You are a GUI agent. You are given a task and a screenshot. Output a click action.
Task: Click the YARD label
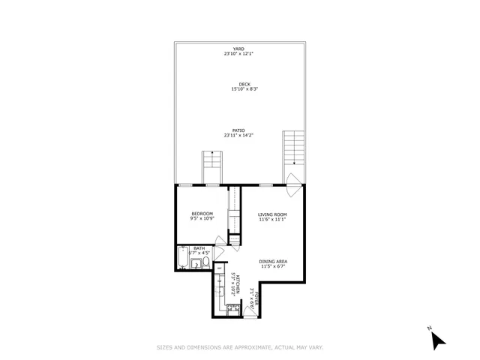point(238,49)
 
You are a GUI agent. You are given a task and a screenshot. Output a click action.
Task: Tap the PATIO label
point(239,130)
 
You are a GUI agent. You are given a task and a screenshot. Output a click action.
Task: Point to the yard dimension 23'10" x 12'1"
point(238,54)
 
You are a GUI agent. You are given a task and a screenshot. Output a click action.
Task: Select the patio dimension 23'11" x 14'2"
point(239,135)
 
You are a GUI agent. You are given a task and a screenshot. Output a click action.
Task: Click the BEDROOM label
point(202,214)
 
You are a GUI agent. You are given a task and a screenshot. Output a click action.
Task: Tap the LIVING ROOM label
point(273,214)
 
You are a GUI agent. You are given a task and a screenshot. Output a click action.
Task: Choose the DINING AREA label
point(274,261)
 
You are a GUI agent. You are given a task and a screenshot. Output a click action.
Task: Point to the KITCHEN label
point(238,280)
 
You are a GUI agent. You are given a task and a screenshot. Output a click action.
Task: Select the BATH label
point(199,248)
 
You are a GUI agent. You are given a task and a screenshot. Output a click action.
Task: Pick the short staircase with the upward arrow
point(211,166)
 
